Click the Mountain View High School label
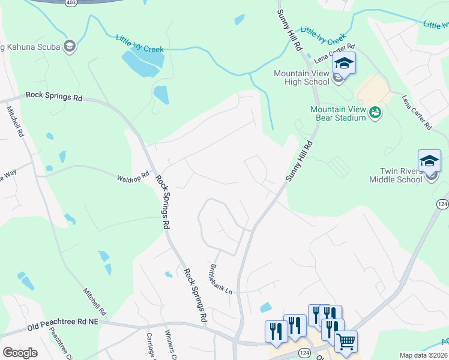tap(301, 77)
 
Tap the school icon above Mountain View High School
tap(345, 64)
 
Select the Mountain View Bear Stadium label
tap(338, 113)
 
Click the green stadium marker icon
tap(375, 112)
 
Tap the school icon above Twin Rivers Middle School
tap(429, 161)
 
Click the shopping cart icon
tap(346, 342)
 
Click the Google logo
tap(20, 353)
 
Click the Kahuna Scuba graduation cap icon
tap(70, 46)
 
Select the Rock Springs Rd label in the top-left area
tap(54, 96)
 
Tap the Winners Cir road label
tap(171, 348)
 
